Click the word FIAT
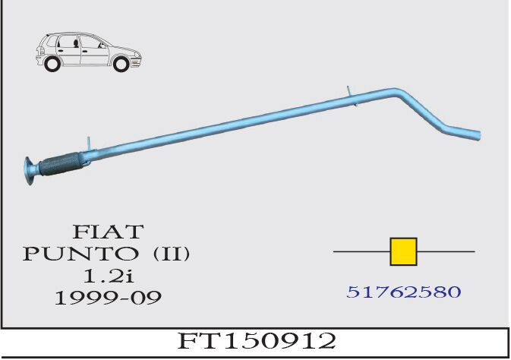click(x=107, y=230)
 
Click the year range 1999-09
click(x=108, y=297)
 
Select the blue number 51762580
click(x=403, y=291)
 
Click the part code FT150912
click(x=257, y=341)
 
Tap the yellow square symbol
click(x=403, y=251)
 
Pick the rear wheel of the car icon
click(x=53, y=65)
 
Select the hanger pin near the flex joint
click(x=88, y=144)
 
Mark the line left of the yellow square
click(x=361, y=251)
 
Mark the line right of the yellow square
click(x=446, y=251)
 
